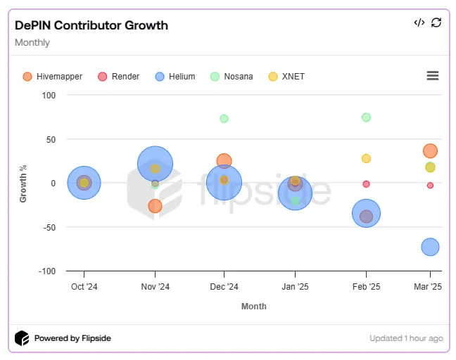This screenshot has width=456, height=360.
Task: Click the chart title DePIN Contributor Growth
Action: (91, 25)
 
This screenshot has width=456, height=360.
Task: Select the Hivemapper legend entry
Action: (53, 77)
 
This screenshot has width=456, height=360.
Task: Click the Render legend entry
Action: (119, 77)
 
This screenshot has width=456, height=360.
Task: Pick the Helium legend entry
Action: (175, 77)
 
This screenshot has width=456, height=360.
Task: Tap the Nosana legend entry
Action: (232, 77)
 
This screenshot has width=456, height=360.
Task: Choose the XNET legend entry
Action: (286, 77)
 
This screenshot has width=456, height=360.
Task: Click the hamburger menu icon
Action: (433, 75)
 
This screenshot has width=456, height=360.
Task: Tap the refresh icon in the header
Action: (436, 22)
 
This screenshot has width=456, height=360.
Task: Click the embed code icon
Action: (419, 22)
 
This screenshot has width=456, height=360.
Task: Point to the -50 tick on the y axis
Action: (49, 227)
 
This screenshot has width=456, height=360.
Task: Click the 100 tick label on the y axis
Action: (49, 96)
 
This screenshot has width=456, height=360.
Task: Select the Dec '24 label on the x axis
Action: (224, 287)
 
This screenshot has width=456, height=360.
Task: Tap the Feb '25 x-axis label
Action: (366, 287)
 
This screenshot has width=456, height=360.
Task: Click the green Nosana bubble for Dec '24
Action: (224, 119)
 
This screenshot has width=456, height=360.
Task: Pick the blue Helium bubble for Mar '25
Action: (430, 247)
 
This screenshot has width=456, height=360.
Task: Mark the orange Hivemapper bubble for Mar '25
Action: (430, 150)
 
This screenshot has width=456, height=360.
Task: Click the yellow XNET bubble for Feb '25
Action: (366, 158)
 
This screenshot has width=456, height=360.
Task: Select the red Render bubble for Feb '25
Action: (366, 184)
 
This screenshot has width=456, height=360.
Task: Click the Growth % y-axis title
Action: (23, 184)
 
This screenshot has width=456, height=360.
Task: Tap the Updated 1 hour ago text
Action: (406, 338)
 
